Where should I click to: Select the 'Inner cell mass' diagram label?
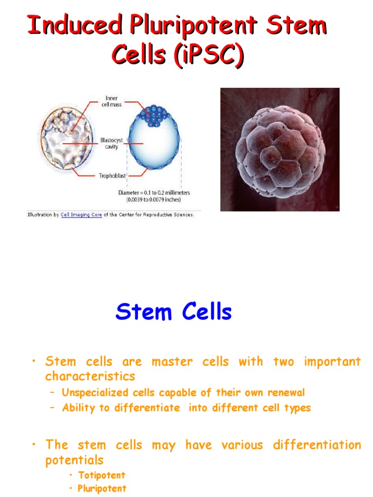111,101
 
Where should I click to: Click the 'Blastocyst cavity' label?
111,143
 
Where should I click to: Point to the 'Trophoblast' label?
113,176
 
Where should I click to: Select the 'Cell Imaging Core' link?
81,215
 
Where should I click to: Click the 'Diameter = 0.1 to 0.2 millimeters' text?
154,193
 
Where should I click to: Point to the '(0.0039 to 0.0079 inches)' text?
154,199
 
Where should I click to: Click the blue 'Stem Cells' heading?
173,312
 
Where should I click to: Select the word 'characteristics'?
90,376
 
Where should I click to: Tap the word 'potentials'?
74,460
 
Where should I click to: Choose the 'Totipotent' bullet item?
102,475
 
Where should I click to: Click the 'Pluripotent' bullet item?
102,488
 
